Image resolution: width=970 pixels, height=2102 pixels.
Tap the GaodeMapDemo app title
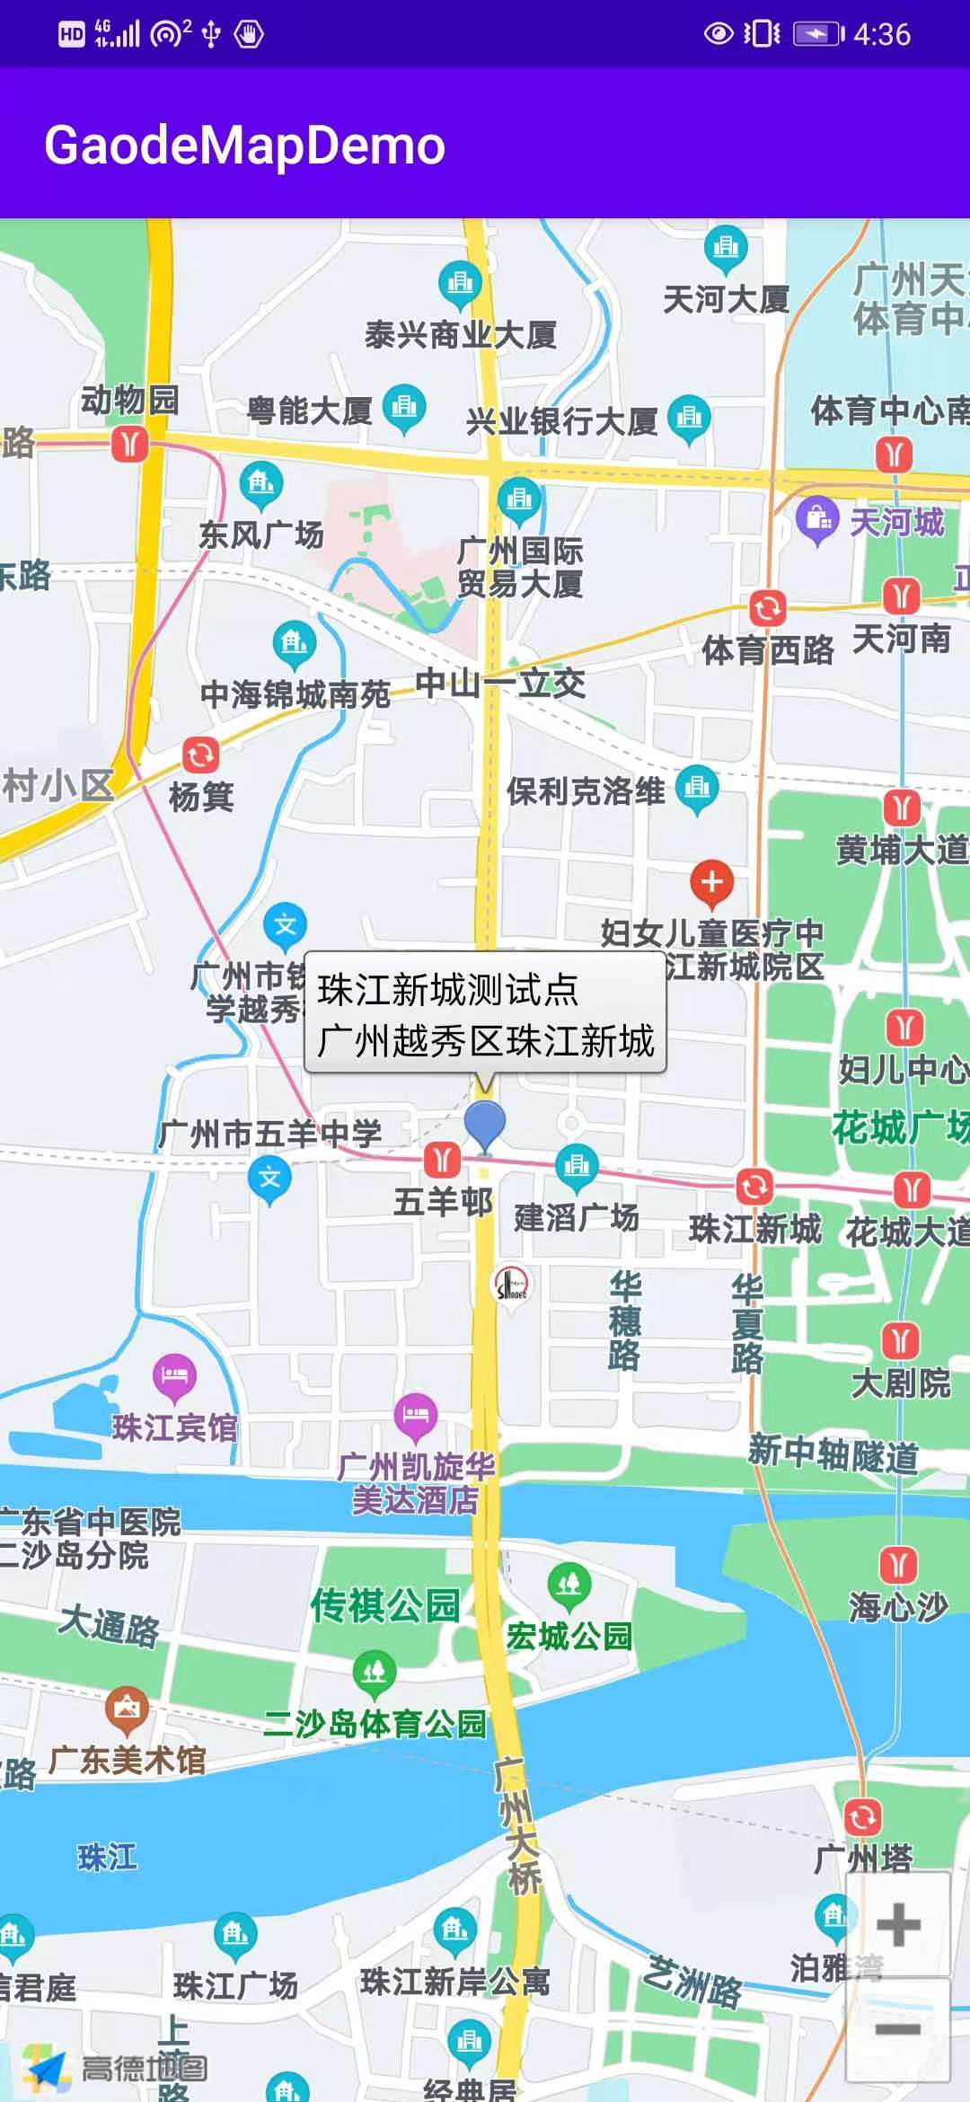pyautogui.click(x=244, y=145)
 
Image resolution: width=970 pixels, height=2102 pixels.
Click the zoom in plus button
pyautogui.click(x=897, y=1924)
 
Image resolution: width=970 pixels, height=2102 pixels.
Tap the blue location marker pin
pyautogui.click(x=485, y=1124)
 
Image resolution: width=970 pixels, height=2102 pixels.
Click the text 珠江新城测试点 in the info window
pyautogui.click(x=447, y=990)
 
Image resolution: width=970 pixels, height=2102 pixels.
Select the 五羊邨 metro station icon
pyautogui.click(x=442, y=1160)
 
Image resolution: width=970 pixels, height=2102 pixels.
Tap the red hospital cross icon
pyautogui.click(x=711, y=882)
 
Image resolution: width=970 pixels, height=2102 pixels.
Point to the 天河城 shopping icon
pyautogui.click(x=817, y=518)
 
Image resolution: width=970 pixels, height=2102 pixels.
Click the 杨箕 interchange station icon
pyautogui.click(x=201, y=755)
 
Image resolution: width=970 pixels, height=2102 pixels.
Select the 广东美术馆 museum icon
pyautogui.click(x=127, y=1709)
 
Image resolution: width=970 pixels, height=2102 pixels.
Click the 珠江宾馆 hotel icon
pyautogui.click(x=174, y=1375)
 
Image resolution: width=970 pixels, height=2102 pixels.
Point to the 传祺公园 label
pyautogui.click(x=385, y=1605)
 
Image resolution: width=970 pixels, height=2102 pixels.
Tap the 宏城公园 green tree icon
pyautogui.click(x=569, y=1585)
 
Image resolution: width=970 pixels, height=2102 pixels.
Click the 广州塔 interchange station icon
pyautogui.click(x=862, y=1817)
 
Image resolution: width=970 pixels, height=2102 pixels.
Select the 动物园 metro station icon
pyautogui.click(x=130, y=444)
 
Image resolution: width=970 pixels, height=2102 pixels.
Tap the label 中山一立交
pyautogui.click(x=500, y=684)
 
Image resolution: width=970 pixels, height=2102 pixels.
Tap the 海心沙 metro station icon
pyautogui.click(x=898, y=1564)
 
